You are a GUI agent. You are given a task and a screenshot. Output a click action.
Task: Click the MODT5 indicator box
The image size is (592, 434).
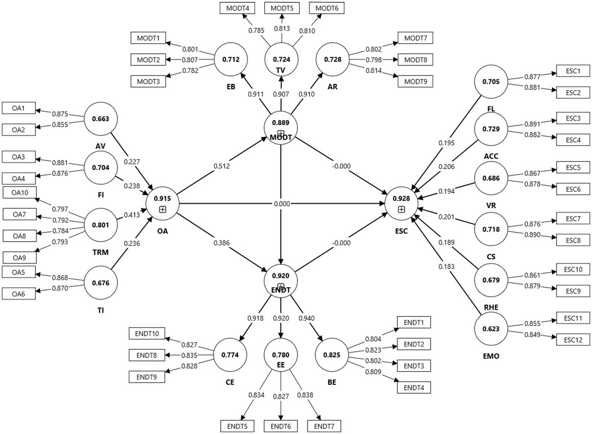(x=282, y=8)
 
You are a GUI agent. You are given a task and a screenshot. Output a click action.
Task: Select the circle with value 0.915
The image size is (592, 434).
(x=162, y=203)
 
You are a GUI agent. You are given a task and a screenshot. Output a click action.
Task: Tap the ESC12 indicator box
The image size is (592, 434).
(x=573, y=340)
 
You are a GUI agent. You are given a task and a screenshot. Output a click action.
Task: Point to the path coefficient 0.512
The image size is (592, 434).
(x=221, y=166)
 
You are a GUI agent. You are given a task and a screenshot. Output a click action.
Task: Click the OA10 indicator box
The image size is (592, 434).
(x=20, y=193)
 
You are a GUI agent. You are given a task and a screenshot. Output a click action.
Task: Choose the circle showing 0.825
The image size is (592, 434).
(x=332, y=355)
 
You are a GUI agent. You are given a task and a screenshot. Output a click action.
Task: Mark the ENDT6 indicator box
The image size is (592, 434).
(x=280, y=426)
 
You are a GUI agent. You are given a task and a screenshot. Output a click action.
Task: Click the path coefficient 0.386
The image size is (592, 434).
(x=221, y=243)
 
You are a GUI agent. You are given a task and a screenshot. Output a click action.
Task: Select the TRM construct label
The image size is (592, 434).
(x=100, y=252)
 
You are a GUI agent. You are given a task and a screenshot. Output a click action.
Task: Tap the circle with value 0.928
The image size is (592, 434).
(x=401, y=203)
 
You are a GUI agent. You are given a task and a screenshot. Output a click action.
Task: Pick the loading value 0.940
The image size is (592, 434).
(x=307, y=318)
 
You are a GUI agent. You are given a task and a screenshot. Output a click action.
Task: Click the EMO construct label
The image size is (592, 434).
(x=491, y=356)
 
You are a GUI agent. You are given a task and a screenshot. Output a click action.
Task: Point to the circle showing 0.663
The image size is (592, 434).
(x=100, y=119)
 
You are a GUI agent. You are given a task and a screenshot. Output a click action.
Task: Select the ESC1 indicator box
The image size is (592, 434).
(x=573, y=71)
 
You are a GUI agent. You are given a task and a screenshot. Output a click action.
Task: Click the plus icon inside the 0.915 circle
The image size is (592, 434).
(x=162, y=209)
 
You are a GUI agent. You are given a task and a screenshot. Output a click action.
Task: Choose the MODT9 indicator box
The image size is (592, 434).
(x=416, y=81)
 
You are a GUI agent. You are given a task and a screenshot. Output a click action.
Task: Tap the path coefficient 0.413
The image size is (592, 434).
(x=132, y=215)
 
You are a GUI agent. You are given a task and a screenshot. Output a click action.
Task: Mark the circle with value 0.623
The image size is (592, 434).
(x=491, y=329)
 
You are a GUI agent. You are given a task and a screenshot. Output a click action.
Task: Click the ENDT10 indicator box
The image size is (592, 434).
(x=147, y=334)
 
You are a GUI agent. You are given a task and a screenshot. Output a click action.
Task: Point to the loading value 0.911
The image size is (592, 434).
(x=256, y=94)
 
